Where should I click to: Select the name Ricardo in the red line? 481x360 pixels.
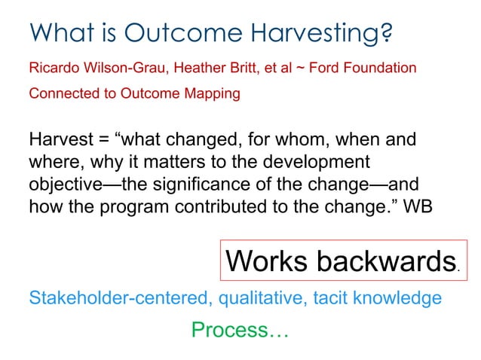(52, 69)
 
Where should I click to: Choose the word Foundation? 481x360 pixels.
(384, 69)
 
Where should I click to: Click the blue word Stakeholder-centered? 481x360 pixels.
(121, 299)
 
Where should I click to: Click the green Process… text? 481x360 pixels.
(240, 330)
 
